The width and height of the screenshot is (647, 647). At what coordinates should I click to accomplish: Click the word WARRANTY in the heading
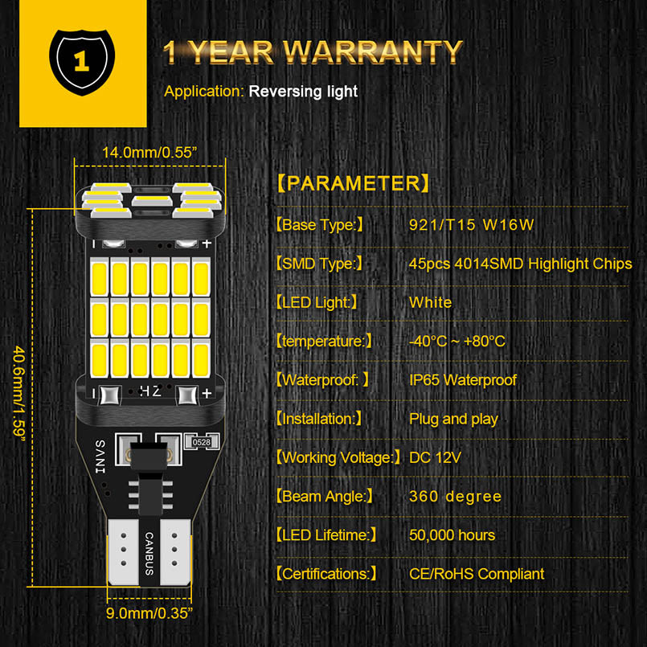pyautogui.click(x=374, y=52)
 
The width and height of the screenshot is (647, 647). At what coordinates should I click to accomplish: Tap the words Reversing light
pyautogui.click(x=303, y=92)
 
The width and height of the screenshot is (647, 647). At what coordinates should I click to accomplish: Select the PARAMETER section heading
pyautogui.click(x=353, y=183)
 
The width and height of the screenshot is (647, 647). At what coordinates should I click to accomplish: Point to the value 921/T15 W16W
pyautogui.click(x=471, y=224)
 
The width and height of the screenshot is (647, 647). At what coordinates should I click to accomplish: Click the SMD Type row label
pyautogui.click(x=320, y=264)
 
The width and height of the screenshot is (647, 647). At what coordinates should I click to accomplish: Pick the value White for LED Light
pyautogui.click(x=431, y=302)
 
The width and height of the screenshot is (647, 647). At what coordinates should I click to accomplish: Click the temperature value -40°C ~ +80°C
pyautogui.click(x=457, y=342)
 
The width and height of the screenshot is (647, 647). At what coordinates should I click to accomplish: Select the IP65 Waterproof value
pyautogui.click(x=463, y=380)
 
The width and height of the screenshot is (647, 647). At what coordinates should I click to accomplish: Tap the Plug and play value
pyautogui.click(x=453, y=419)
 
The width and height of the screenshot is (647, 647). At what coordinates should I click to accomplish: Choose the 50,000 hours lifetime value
pyautogui.click(x=452, y=534)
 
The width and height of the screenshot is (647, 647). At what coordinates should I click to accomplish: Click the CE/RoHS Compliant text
pyautogui.click(x=477, y=574)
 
